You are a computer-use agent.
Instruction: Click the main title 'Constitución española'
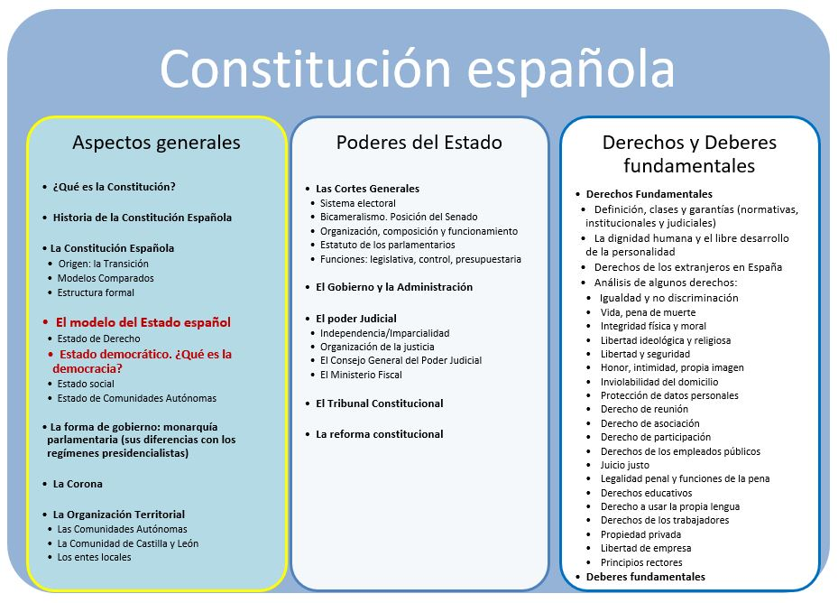pyautogui.click(x=417, y=70)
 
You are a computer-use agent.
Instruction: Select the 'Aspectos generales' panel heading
pyautogui.click(x=156, y=143)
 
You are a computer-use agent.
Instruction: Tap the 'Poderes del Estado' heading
pyautogui.click(x=419, y=143)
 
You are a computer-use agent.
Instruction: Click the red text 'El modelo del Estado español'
pyautogui.click(x=143, y=322)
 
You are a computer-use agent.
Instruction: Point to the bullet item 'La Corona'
pyautogui.click(x=78, y=484)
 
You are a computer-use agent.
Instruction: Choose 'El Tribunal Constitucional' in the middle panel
pyautogui.click(x=380, y=404)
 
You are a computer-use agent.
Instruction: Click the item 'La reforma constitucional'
pyautogui.click(x=380, y=434)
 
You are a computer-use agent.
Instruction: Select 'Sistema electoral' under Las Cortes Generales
pyautogui.click(x=357, y=203)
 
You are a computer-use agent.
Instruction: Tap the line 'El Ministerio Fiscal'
pyautogui.click(x=361, y=375)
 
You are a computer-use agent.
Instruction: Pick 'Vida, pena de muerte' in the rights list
pyautogui.click(x=648, y=312)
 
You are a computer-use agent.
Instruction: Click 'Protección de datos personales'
pyautogui.click(x=669, y=395)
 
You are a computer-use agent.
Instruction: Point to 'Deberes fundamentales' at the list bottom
pyautogui.click(x=646, y=577)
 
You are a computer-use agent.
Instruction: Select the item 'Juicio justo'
pyautogui.click(x=625, y=465)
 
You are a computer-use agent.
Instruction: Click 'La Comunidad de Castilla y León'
pyautogui.click(x=128, y=543)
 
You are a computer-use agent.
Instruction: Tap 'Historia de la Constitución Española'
pyautogui.click(x=143, y=218)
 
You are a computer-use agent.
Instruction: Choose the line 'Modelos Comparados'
pyautogui.click(x=106, y=278)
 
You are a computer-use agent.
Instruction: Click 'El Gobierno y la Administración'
pyautogui.click(x=394, y=287)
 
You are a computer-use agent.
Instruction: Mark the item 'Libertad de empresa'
pyautogui.click(x=646, y=548)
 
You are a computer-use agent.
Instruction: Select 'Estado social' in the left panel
pyautogui.click(x=86, y=384)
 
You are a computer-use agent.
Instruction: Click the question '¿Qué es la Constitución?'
pyautogui.click(x=114, y=187)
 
